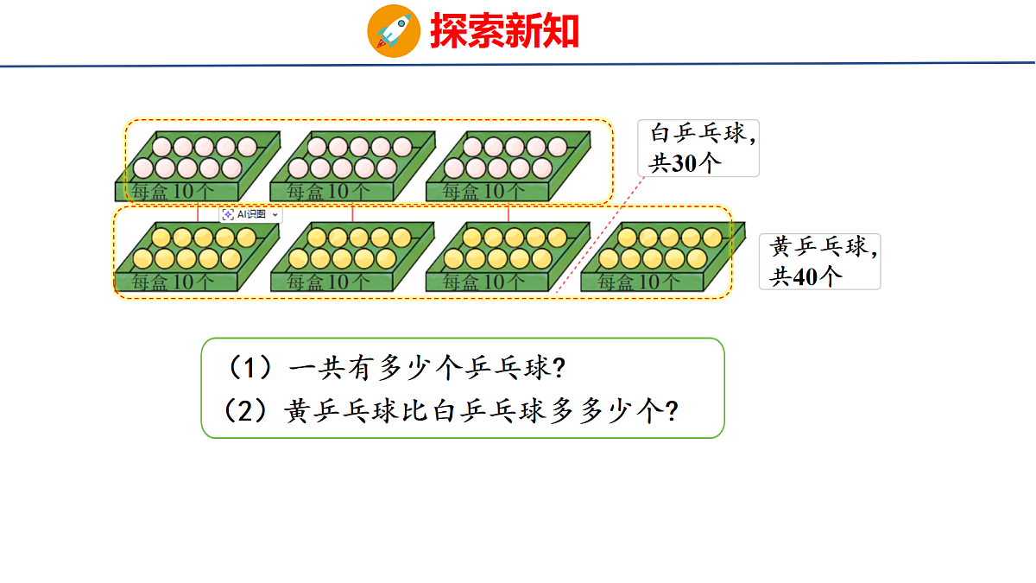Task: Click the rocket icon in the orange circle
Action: click(x=394, y=31)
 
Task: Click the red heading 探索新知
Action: click(x=504, y=30)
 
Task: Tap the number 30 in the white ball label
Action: click(x=684, y=163)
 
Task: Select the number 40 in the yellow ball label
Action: click(x=805, y=276)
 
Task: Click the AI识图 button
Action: click(x=250, y=214)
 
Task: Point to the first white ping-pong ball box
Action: click(x=198, y=166)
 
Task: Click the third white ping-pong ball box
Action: click(x=509, y=166)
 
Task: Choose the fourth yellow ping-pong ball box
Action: click(x=663, y=257)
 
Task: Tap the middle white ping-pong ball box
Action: click(x=353, y=166)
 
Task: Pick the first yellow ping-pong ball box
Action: click(x=197, y=257)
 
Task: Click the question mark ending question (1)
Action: click(x=559, y=369)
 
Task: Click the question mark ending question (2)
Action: click(x=672, y=411)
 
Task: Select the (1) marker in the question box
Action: click(x=250, y=368)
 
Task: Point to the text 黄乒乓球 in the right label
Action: click(x=818, y=247)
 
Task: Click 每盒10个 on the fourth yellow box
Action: click(x=638, y=282)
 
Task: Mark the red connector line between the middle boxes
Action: click(x=352, y=212)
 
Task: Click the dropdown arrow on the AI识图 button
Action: click(x=275, y=215)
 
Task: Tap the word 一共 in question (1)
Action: click(x=319, y=369)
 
